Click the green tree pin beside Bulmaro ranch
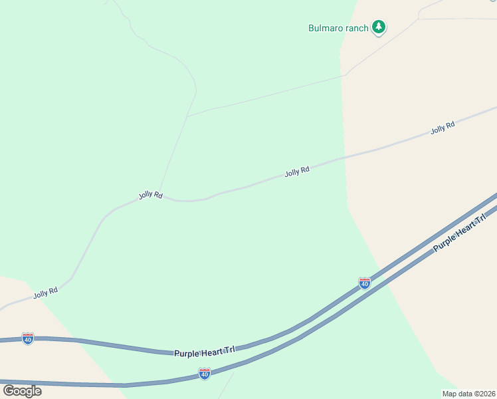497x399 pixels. click(379, 27)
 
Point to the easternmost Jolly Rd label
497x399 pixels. click(443, 128)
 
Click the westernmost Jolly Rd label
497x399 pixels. click(46, 292)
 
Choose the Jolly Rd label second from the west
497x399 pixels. click(151, 195)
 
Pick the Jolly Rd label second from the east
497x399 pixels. click(297, 172)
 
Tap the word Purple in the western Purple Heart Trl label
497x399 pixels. click(187, 353)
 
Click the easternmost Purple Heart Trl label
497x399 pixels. click(455, 237)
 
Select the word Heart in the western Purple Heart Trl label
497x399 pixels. click(213, 350)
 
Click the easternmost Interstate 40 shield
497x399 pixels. click(364, 283)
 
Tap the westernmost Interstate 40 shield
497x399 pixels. click(27, 338)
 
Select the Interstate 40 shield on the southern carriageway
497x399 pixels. click(205, 374)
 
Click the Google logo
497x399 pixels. click(22, 390)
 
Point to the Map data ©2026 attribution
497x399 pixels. click(468, 394)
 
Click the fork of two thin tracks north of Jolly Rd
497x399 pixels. click(188, 116)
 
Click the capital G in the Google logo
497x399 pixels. click(9, 390)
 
